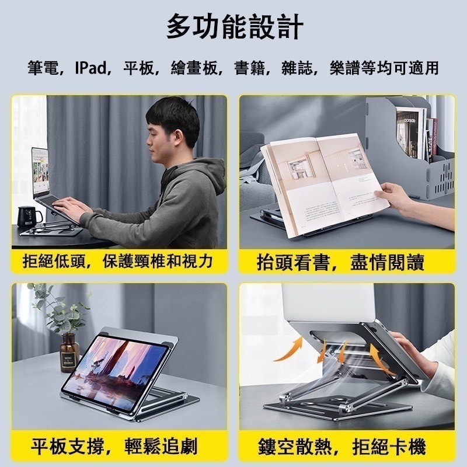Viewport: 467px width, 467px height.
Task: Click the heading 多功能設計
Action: pyautogui.click(x=233, y=27)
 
